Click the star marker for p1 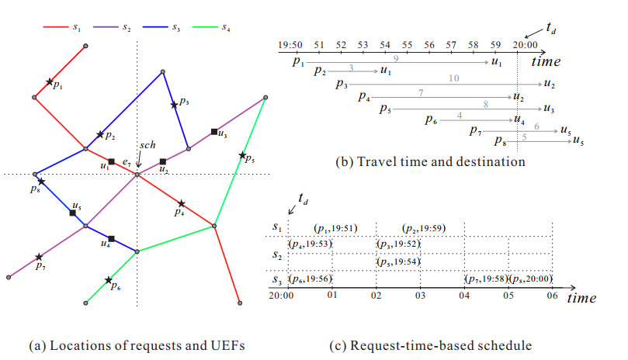coord(49,82)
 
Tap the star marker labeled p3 coord(174,105)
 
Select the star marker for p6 coord(109,280)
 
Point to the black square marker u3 coord(214,132)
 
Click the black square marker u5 coord(72,213)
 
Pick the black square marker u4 coord(112,239)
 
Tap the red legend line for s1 coord(56,27)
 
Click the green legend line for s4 coord(206,27)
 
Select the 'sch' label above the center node coord(147,145)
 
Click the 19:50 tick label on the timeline coord(290,44)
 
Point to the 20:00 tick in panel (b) coord(525,44)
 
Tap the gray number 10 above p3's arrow coord(454,78)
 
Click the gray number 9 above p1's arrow coord(396,59)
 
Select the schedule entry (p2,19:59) coord(424,228)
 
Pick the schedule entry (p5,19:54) coord(398,262)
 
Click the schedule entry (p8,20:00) coord(531,279)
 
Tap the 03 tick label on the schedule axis coord(420,296)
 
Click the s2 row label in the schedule coord(277,254)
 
